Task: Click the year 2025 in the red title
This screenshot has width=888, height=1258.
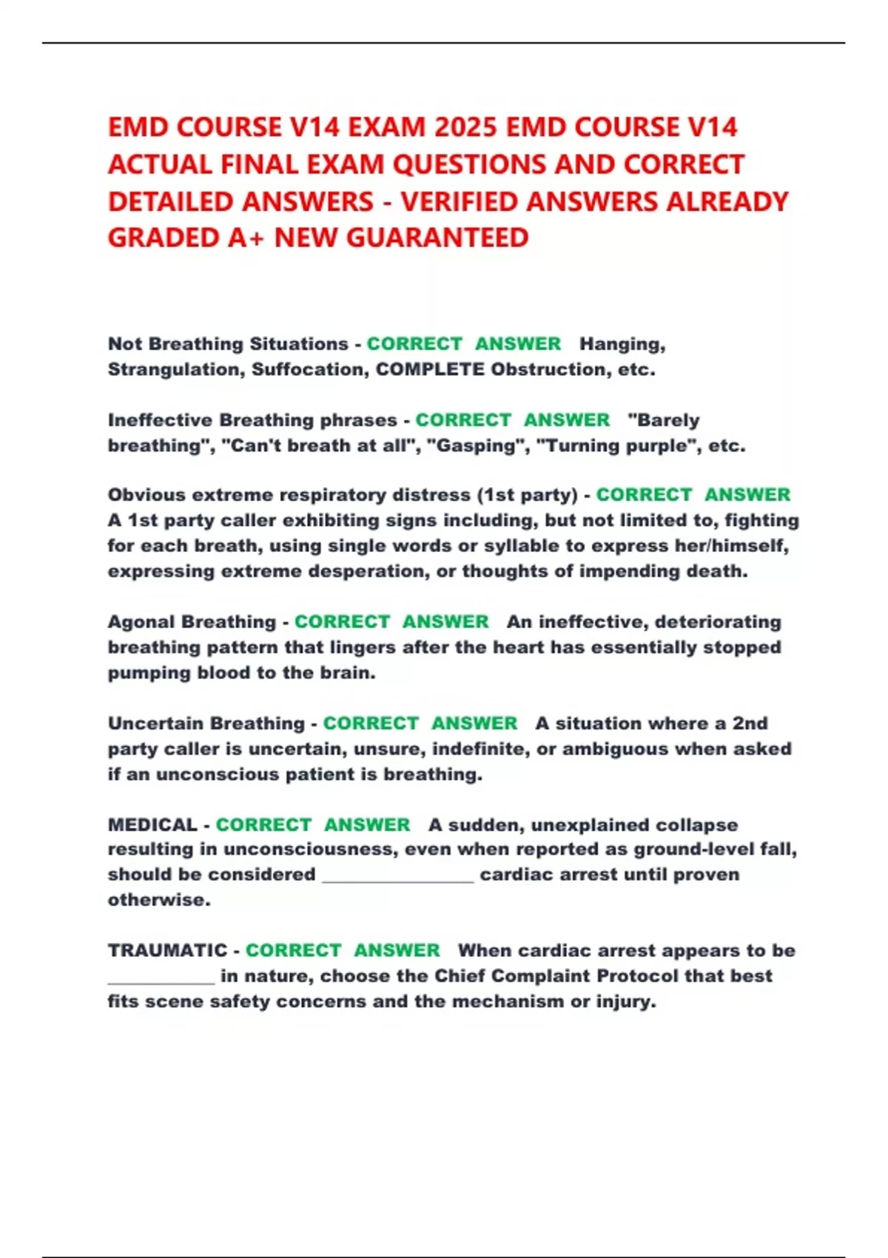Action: pyautogui.click(x=465, y=127)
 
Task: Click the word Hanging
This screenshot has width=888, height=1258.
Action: pyautogui.click(x=622, y=344)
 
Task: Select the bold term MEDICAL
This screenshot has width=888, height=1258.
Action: pyautogui.click(x=152, y=824)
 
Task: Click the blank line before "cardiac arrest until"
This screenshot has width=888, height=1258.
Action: pyautogui.click(x=398, y=876)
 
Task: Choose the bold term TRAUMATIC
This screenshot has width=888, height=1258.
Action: pyautogui.click(x=167, y=950)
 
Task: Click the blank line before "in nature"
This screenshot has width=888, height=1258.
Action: pyautogui.click(x=161, y=978)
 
